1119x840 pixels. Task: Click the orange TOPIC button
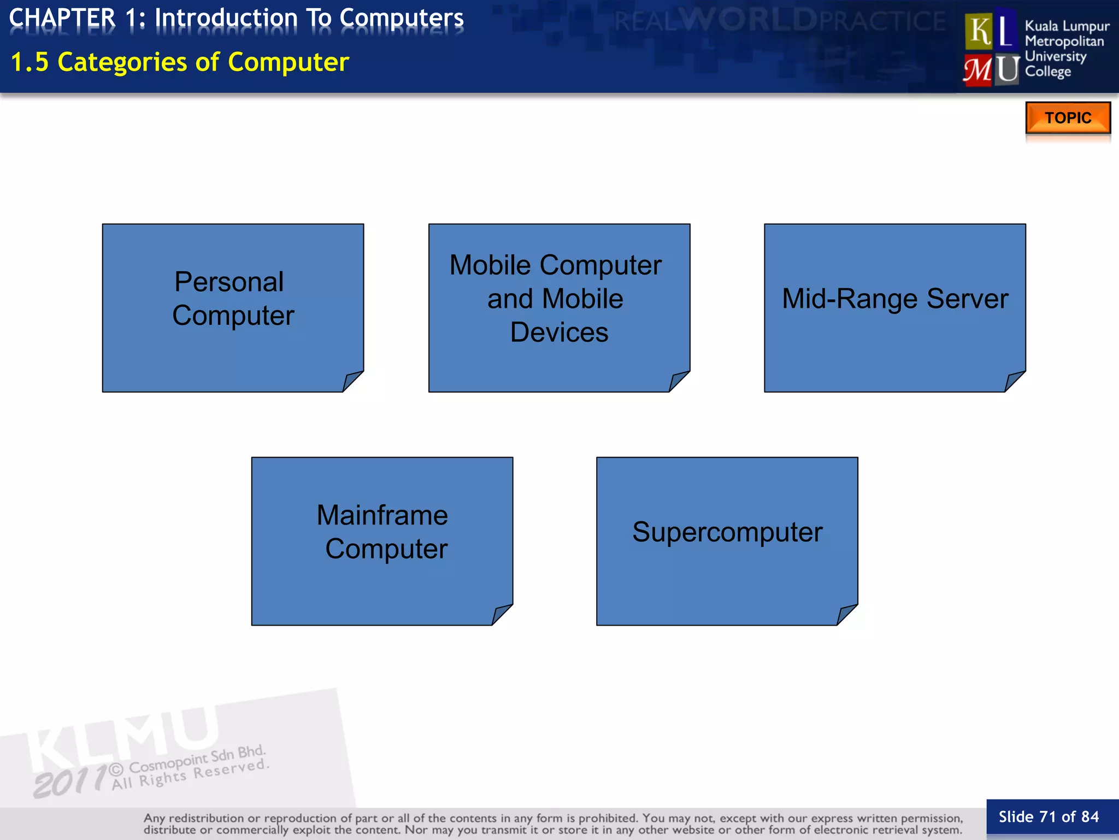click(1068, 118)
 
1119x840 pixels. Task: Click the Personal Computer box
click(233, 307)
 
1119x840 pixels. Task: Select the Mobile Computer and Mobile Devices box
click(559, 307)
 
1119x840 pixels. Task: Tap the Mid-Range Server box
click(894, 307)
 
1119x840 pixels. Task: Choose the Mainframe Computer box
click(382, 541)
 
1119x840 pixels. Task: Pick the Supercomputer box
click(727, 541)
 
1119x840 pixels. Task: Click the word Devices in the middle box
click(559, 332)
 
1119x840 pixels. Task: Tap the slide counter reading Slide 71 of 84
click(1049, 817)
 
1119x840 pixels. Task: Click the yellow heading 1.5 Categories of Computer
click(180, 62)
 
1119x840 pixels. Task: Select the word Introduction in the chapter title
click(226, 18)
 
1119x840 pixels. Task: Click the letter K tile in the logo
click(979, 31)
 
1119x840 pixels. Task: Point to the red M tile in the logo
click(977, 70)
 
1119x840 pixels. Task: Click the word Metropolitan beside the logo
click(1064, 41)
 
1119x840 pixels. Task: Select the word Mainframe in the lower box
click(382, 515)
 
